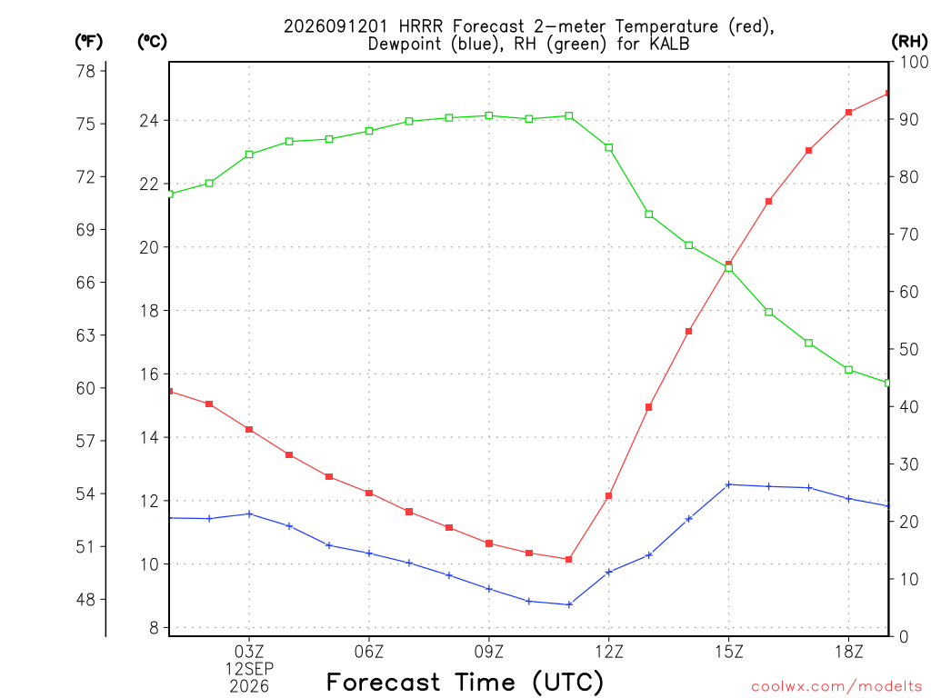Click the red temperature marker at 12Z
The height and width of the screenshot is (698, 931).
click(608, 495)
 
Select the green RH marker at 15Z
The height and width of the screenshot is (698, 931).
click(728, 268)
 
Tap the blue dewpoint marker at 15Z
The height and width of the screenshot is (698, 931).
click(728, 485)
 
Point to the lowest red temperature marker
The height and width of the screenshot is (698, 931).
click(569, 559)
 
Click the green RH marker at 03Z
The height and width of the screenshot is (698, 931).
click(249, 155)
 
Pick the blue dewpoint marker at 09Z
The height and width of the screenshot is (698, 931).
click(489, 589)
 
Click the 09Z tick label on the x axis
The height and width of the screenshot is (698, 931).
click(488, 652)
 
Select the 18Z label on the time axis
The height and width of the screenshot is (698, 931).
click(848, 652)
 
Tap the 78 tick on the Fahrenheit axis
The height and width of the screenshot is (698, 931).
click(85, 71)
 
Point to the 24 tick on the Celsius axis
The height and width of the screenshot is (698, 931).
click(149, 121)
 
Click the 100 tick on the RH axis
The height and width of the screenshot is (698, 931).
click(914, 62)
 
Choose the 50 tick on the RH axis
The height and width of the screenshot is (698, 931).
click(908, 349)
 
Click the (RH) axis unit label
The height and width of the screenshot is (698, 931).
click(909, 42)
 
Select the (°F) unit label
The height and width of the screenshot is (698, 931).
click(88, 42)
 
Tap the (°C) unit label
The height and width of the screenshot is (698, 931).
click(152, 42)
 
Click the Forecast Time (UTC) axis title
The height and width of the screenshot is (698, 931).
click(465, 682)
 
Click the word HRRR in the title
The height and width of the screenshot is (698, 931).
click(420, 26)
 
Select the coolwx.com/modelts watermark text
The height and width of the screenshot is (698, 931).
click(836, 686)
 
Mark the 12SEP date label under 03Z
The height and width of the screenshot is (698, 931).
click(249, 669)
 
